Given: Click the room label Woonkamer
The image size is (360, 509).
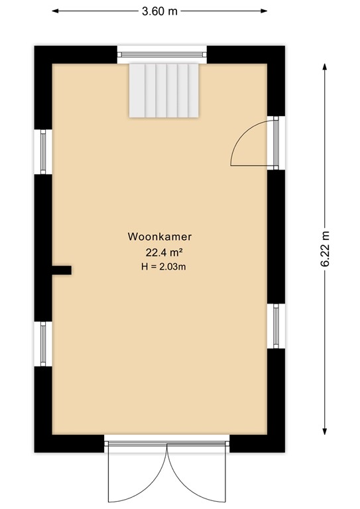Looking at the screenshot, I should tap(159, 237).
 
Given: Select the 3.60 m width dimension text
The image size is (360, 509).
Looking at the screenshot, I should tap(159, 11).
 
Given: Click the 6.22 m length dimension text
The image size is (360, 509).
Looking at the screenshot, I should tap(325, 249).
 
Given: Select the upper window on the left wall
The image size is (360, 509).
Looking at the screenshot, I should tap(43, 151).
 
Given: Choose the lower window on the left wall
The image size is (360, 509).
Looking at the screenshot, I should tap(43, 343).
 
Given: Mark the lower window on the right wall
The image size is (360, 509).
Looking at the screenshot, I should tap(275, 325).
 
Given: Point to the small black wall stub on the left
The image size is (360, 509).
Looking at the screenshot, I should tap(62, 270).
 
